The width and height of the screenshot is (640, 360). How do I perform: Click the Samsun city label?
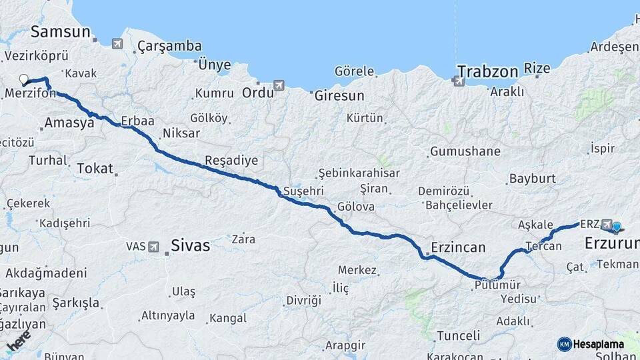pos(60,31)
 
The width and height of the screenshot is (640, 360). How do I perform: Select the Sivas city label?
pos(191,245)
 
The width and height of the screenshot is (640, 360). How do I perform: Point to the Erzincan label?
pos(458,247)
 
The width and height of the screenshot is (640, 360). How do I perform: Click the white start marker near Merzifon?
pos(24,79)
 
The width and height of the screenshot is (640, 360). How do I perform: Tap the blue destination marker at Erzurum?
pos(617,227)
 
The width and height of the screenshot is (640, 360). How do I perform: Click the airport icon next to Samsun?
pos(117,44)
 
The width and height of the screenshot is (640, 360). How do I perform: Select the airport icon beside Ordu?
pos(279,85)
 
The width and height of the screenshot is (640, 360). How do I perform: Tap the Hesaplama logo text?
pos(598,344)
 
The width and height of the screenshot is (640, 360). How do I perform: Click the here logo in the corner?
pos(18,341)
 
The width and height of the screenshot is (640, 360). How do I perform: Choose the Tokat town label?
pos(95,168)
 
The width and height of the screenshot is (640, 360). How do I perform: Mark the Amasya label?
pos(69,123)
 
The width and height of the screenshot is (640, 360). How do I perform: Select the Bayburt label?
pos(532,179)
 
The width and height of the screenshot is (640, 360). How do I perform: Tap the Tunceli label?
pos(458,335)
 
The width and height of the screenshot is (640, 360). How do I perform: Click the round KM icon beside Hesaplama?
pos(565,344)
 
